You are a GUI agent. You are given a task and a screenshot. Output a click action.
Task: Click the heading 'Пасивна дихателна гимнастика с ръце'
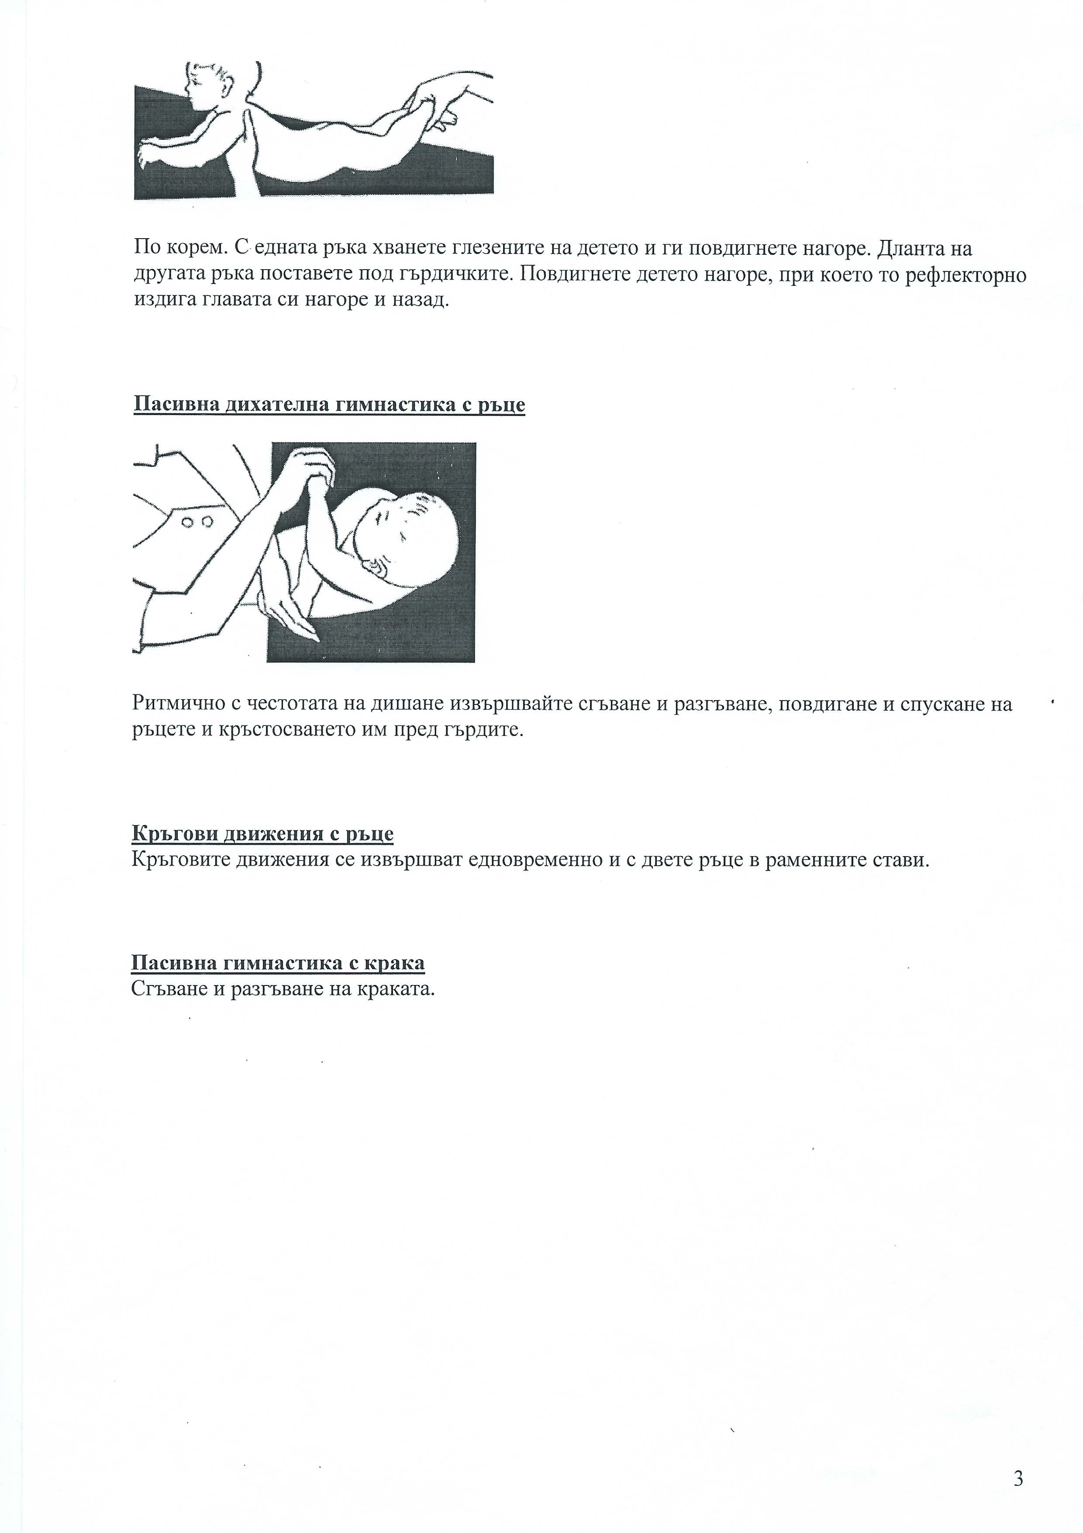point(329,405)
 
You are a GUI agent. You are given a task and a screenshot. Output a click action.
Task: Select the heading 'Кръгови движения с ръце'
point(262,834)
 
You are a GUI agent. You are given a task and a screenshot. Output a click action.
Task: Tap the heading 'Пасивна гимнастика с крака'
point(278,963)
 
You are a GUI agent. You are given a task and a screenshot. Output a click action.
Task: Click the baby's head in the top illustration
point(208,86)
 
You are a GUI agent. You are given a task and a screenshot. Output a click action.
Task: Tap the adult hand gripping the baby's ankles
point(441,100)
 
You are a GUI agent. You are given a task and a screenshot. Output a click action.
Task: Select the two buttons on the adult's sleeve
point(197,521)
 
